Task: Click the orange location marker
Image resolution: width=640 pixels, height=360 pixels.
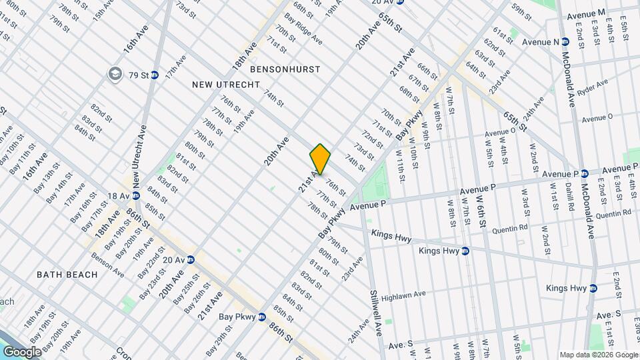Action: pyautogui.click(x=320, y=159)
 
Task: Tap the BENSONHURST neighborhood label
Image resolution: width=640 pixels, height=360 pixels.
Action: pyautogui.click(x=285, y=69)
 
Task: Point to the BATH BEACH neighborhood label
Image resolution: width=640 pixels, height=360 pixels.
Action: pyautogui.click(x=67, y=275)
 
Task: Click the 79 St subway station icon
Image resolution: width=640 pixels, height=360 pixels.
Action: pyautogui.click(x=155, y=75)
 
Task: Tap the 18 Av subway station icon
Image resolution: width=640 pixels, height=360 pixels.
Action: pyautogui.click(x=135, y=195)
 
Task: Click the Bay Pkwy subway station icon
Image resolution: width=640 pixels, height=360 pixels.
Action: pyautogui.click(x=262, y=317)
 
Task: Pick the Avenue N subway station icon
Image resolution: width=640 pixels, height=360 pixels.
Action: pyautogui.click(x=564, y=42)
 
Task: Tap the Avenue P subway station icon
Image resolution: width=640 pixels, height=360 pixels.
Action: pyautogui.click(x=583, y=174)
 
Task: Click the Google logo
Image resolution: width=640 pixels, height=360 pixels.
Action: pyautogui.click(x=21, y=351)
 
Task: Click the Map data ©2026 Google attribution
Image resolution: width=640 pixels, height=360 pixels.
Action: pyautogui.click(x=597, y=354)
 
